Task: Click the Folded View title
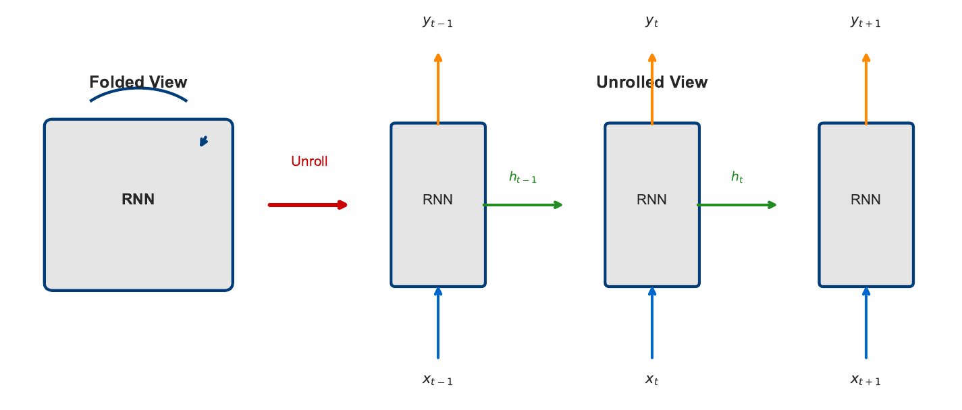click(138, 82)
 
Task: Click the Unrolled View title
click(651, 82)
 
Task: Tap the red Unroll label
click(309, 162)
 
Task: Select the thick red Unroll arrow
click(308, 205)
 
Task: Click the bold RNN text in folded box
click(138, 200)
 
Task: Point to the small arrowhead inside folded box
click(204, 141)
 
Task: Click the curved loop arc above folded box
click(138, 90)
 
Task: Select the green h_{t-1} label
click(523, 178)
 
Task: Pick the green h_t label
click(737, 177)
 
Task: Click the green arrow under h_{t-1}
click(523, 205)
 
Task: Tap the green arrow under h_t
click(737, 205)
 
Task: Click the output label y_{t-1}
click(437, 22)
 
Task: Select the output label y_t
click(651, 22)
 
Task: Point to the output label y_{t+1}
click(865, 22)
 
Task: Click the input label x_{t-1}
click(437, 380)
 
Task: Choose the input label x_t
click(651, 380)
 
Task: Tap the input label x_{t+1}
click(865, 380)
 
